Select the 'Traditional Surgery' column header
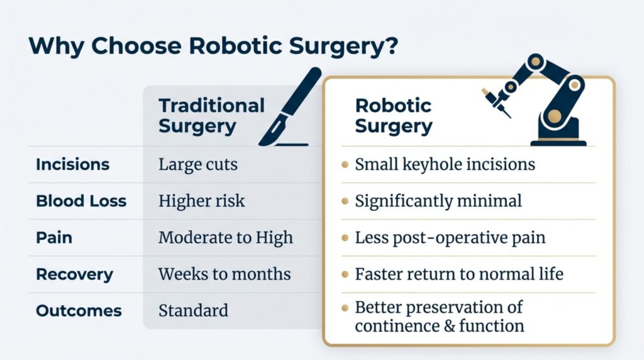(211, 115)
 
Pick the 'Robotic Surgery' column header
(394, 115)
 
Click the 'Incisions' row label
(72, 165)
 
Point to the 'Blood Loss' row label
(81, 201)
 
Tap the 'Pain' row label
(54, 238)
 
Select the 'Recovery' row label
(74, 274)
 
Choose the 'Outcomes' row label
(78, 311)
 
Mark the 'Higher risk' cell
(201, 201)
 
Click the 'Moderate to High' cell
(225, 238)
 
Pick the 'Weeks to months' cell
(225, 274)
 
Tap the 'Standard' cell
(193, 311)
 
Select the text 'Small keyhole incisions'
(445, 165)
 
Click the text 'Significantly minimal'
(438, 201)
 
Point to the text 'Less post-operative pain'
(450, 238)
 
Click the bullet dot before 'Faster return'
(345, 275)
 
